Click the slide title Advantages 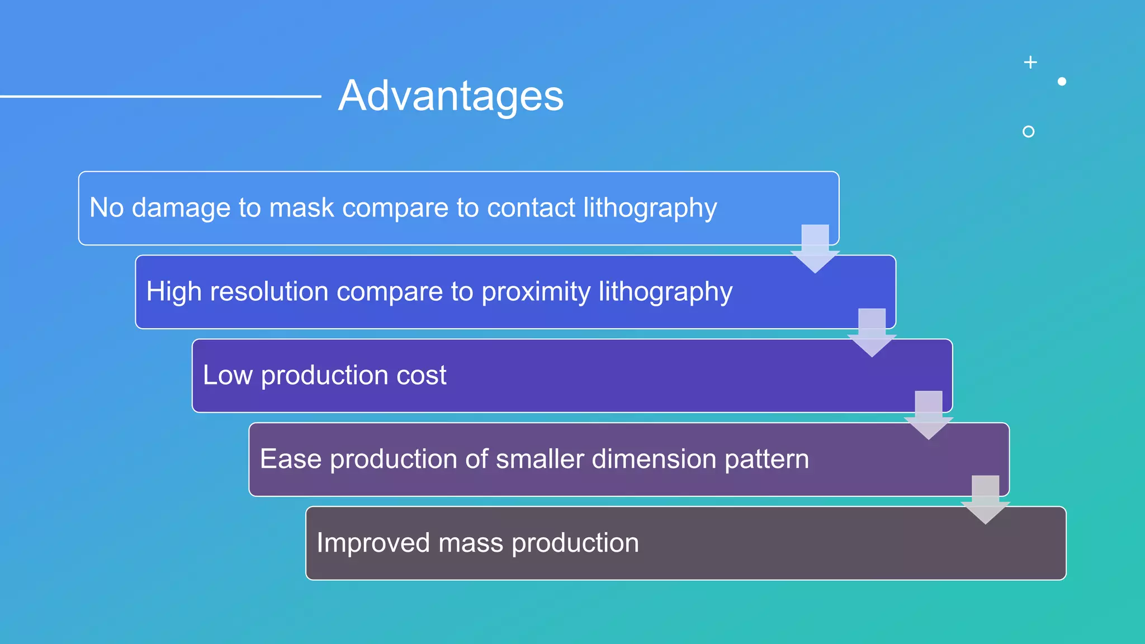tap(451, 96)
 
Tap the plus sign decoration tap(1030, 62)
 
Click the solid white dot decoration tap(1062, 82)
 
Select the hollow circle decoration tap(1028, 132)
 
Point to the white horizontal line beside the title tap(160, 97)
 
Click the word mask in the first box tap(301, 208)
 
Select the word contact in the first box tap(531, 208)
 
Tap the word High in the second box tap(174, 292)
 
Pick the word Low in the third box tap(228, 375)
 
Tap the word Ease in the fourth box tap(290, 459)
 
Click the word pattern tap(767, 459)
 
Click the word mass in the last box tap(470, 543)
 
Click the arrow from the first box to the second tap(815, 249)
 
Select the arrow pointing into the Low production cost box tap(872, 332)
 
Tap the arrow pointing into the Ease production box tap(929, 415)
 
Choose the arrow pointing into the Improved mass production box tap(985, 499)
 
